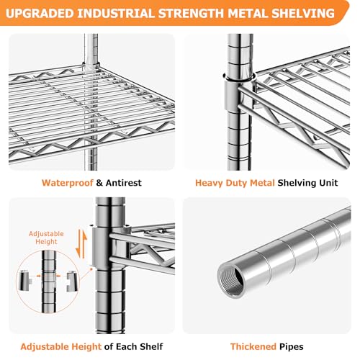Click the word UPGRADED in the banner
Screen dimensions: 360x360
tap(40, 14)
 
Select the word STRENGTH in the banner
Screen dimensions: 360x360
tap(191, 14)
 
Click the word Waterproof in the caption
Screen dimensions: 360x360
tap(68, 183)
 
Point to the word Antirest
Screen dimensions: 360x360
tap(124, 183)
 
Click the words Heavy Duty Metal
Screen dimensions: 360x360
tap(235, 183)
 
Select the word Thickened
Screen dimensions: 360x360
tap(253, 346)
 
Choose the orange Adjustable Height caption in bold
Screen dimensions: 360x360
tap(61, 347)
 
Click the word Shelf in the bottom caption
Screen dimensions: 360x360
tap(151, 346)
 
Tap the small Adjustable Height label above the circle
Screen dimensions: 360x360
tap(46, 238)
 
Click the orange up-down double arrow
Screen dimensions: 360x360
tap(81, 244)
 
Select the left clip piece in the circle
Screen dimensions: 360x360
tap(24, 281)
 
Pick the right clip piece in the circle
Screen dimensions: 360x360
tap(73, 281)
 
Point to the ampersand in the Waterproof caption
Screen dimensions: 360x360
tap(99, 183)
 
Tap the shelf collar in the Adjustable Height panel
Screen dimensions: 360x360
tap(109, 247)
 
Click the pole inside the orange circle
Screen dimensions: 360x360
tap(49, 282)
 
